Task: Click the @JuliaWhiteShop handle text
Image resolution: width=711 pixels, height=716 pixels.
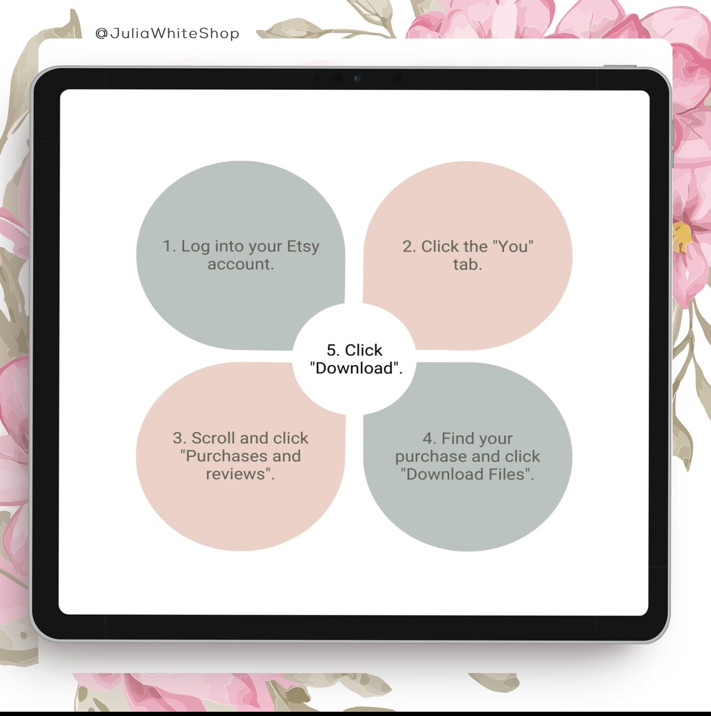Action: pyautogui.click(x=167, y=33)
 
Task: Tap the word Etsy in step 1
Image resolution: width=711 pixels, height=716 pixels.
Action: pyautogui.click(x=303, y=247)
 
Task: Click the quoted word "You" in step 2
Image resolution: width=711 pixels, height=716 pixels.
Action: pyautogui.click(x=505, y=247)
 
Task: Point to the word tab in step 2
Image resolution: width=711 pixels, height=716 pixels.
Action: pyautogui.click(x=467, y=265)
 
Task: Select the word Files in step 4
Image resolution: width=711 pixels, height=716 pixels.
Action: pyautogui.click(x=508, y=474)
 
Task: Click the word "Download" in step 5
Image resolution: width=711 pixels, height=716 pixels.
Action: pyautogui.click(x=354, y=368)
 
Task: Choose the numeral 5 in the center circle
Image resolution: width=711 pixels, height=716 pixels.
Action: pyautogui.click(x=332, y=350)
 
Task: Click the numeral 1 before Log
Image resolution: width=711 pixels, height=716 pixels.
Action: pyautogui.click(x=167, y=247)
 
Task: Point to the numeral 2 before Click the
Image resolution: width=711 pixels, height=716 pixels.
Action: pyautogui.click(x=408, y=247)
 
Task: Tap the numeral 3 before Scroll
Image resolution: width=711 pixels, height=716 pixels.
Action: pyautogui.click(x=178, y=438)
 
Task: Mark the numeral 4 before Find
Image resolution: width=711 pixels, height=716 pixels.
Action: pyautogui.click(x=428, y=438)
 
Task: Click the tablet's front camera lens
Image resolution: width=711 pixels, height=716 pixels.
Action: pyautogui.click(x=357, y=79)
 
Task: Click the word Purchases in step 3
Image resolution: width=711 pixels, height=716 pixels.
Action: pyautogui.click(x=225, y=456)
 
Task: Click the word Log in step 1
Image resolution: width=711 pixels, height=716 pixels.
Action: pyautogui.click(x=195, y=247)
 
